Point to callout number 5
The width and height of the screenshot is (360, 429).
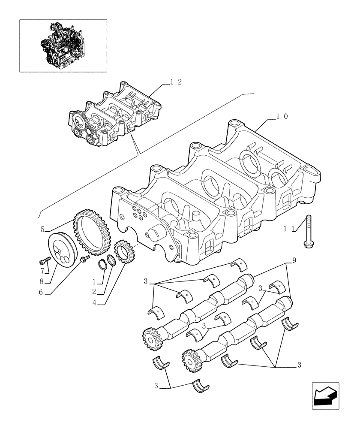point(43,230)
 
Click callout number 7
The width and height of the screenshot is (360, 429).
point(42,270)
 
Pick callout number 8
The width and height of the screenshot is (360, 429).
point(42,282)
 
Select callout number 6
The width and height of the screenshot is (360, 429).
point(42,293)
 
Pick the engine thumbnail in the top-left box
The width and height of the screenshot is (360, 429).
point(63,45)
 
